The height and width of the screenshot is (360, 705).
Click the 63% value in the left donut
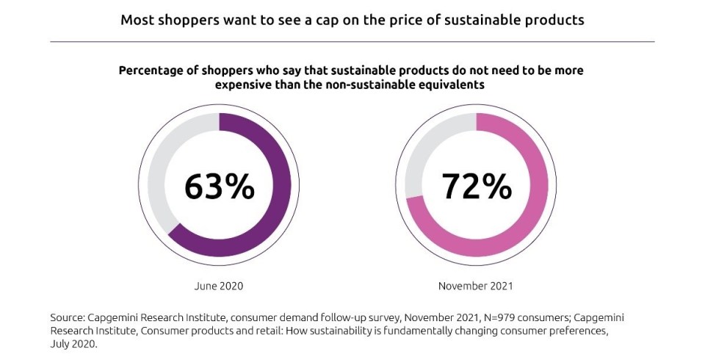[219, 187]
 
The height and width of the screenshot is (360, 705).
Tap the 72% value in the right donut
[476, 187]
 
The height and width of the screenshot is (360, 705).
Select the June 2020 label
[219, 285]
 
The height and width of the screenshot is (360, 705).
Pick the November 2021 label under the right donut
[476, 285]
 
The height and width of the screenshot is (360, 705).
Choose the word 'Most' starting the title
[137, 20]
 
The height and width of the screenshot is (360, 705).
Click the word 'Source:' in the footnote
[70, 317]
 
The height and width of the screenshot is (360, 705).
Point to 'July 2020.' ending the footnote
[74, 342]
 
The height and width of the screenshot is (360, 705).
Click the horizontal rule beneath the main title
[352, 42]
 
